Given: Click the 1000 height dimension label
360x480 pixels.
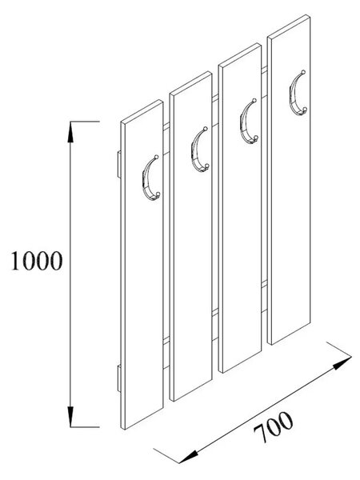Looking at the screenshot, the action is pos(37,261).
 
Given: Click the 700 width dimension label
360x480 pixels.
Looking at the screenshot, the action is pos(273,427).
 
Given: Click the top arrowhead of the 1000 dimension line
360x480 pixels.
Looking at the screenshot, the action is pos(70,132).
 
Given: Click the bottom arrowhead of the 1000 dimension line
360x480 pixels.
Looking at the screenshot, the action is pos(70,417).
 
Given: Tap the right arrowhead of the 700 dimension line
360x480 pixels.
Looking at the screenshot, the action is pos(342,363).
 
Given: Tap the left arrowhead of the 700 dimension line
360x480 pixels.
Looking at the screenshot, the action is pos(187,456).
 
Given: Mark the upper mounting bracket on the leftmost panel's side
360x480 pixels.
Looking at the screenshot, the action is pos(119,164).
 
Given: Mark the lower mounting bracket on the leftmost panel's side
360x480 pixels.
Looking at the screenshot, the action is pos(119,378).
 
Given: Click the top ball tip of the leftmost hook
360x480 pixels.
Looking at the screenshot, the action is pos(157,157).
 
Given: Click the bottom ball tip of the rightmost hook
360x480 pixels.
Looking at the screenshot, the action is pos(305,109).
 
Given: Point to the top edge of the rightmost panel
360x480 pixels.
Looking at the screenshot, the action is pos(289,27).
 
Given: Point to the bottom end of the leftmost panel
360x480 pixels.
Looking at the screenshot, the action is pos(143,418).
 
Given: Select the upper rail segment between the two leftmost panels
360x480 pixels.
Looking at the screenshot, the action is pos(166,139).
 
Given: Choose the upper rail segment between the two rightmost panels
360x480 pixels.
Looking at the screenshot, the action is pos(265,82).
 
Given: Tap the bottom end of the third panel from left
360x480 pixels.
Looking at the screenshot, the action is pos(241,362).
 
